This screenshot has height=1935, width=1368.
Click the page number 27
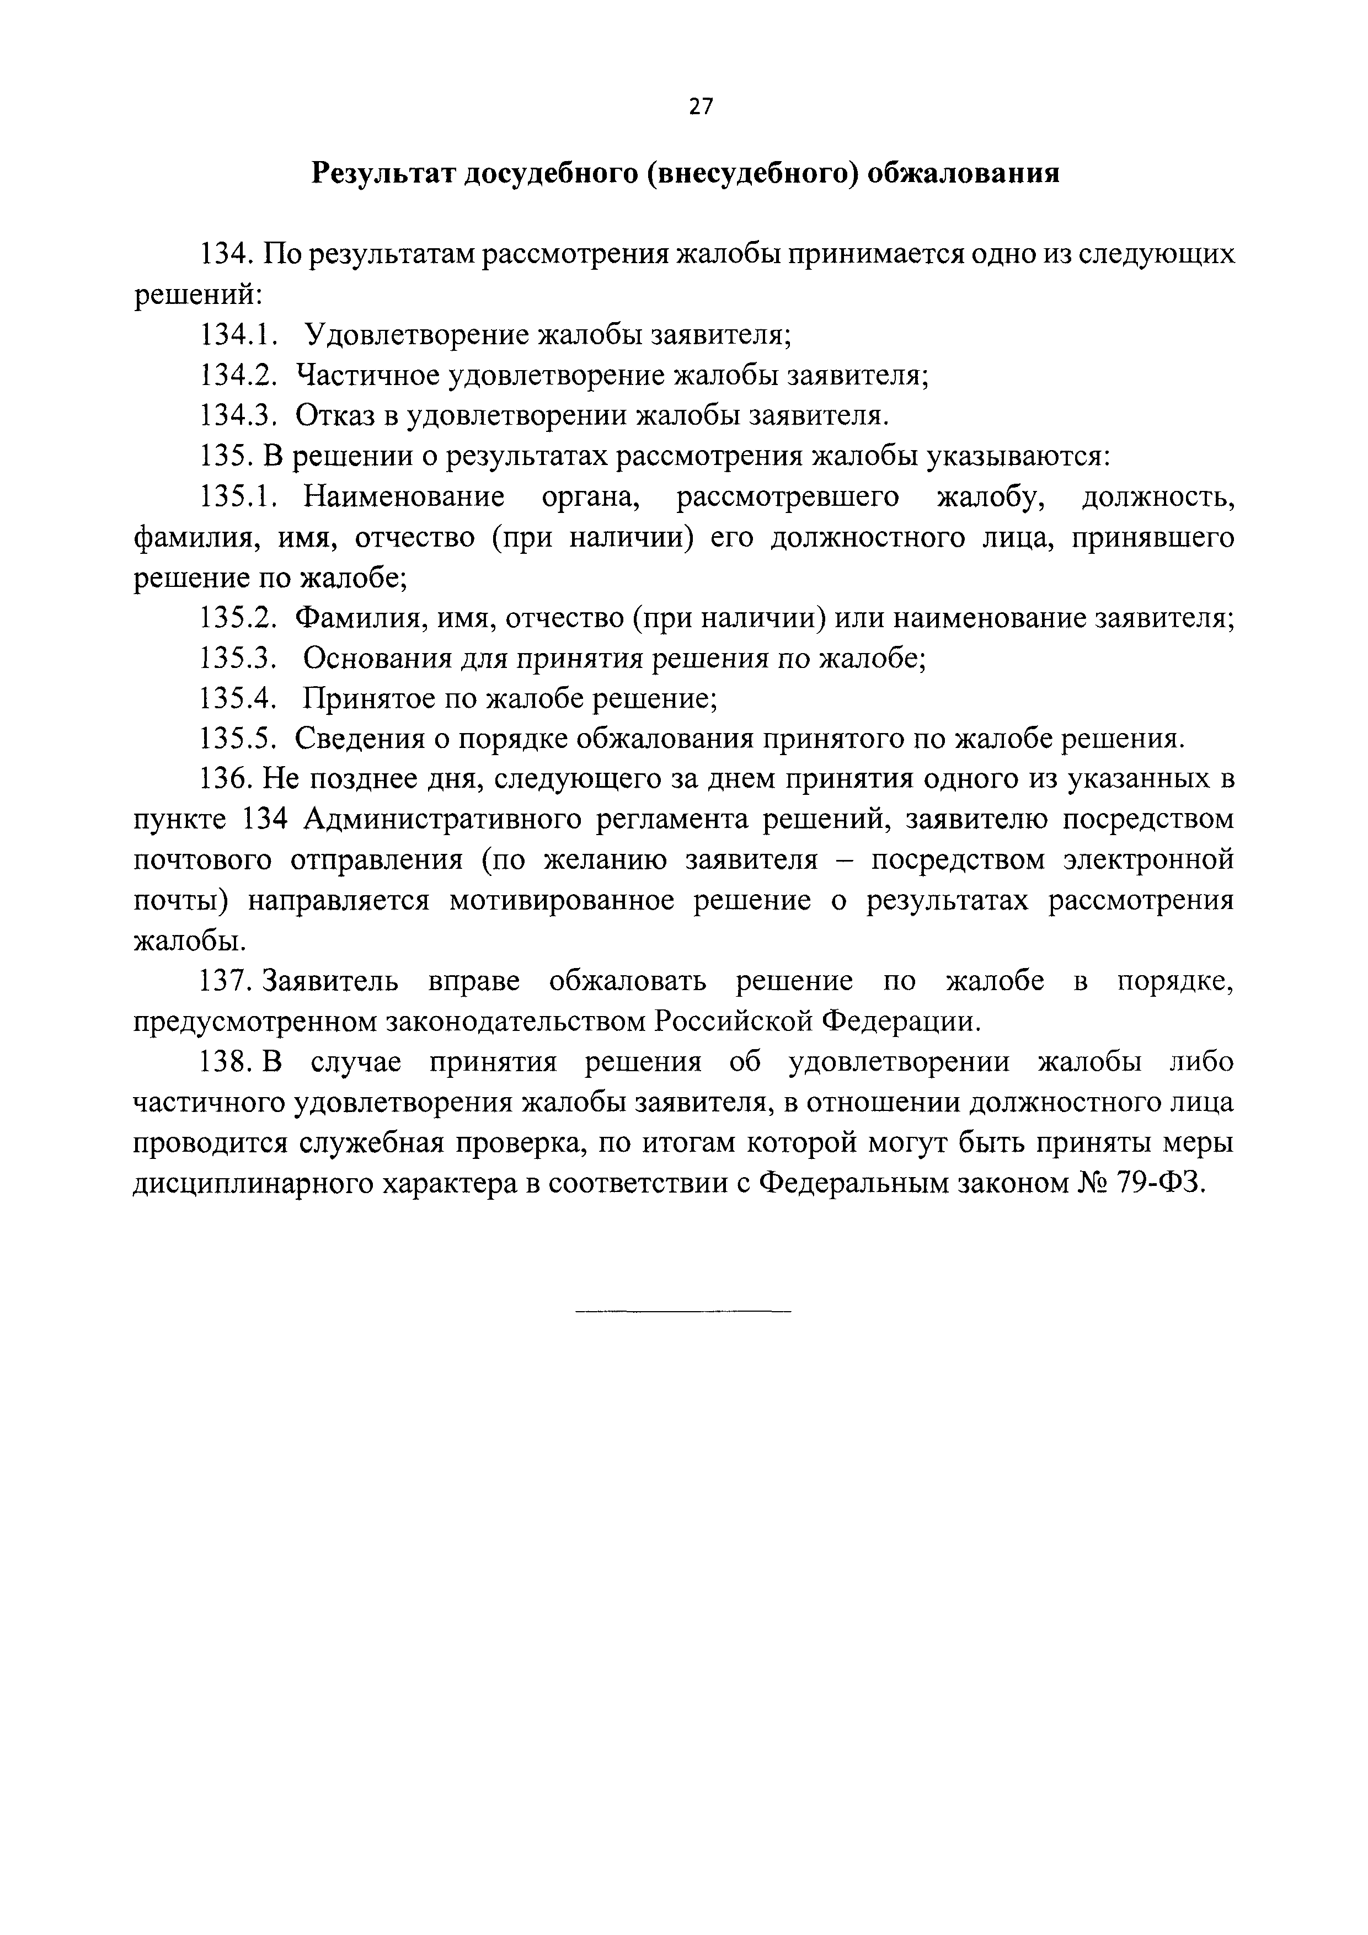(701, 106)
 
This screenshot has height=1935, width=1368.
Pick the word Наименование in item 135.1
(404, 496)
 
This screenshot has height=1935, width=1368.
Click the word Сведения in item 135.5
(357, 739)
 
